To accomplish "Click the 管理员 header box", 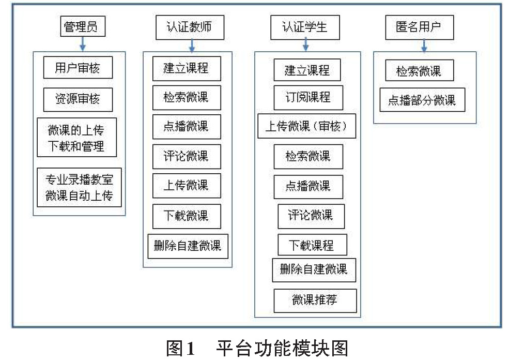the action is [x=83, y=26].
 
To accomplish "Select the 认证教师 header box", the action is [x=190, y=27].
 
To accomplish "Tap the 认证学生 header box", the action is [x=305, y=27].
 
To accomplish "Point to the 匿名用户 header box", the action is [x=420, y=27].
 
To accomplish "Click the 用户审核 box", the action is [x=78, y=68].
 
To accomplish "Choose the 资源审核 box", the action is [x=78, y=99].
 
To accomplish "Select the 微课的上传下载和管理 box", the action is [x=76, y=138].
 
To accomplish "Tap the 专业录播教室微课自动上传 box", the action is [x=79, y=187].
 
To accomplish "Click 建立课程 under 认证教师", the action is [x=187, y=69].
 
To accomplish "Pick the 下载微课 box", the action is [x=187, y=216].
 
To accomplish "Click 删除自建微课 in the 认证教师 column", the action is [x=188, y=246].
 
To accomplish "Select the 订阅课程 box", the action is [x=309, y=98].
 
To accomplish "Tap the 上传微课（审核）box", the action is [x=307, y=126].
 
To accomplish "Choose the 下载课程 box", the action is [x=312, y=245].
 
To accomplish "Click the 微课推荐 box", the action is [x=315, y=301].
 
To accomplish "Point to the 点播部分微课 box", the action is [x=422, y=100].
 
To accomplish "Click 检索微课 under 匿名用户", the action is [x=420, y=70].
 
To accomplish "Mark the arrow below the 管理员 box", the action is [x=83, y=44].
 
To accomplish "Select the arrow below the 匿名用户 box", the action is [x=424, y=46].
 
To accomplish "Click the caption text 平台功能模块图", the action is [x=282, y=348].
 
